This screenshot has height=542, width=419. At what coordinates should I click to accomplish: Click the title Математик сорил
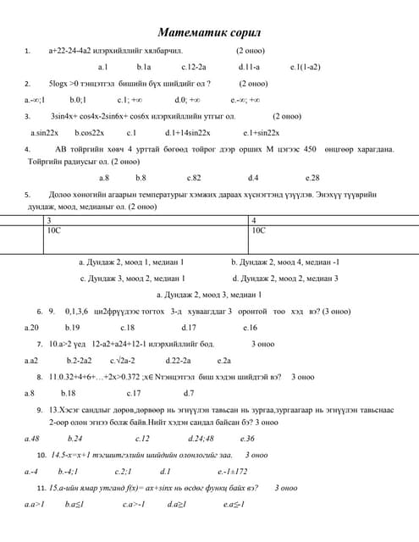click(208, 32)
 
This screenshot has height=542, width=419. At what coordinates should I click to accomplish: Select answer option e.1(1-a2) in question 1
click(305, 66)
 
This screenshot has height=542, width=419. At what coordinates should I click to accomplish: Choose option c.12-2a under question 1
click(194, 66)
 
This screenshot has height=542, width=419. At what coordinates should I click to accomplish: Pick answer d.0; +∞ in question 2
click(186, 99)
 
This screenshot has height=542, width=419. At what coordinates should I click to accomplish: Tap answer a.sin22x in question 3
click(43, 132)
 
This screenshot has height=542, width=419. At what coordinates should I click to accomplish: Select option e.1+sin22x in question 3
click(261, 132)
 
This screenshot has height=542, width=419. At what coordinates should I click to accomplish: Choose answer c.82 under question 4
click(194, 178)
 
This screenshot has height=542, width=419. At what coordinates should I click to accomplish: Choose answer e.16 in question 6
click(250, 327)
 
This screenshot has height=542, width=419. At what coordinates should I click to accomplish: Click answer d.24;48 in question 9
click(201, 439)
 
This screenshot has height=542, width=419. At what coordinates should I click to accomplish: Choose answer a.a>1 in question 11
click(34, 504)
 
